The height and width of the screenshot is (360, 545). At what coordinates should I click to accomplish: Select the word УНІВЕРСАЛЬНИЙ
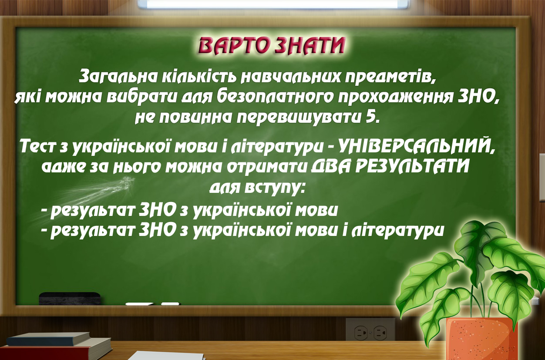[414, 146]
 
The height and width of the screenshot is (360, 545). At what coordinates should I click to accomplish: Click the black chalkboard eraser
[70, 299]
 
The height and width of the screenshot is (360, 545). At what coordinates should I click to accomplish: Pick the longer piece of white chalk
[140, 304]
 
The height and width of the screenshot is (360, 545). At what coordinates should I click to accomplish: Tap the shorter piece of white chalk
[170, 303]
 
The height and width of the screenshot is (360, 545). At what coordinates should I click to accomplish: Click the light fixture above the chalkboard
[272, 4]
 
